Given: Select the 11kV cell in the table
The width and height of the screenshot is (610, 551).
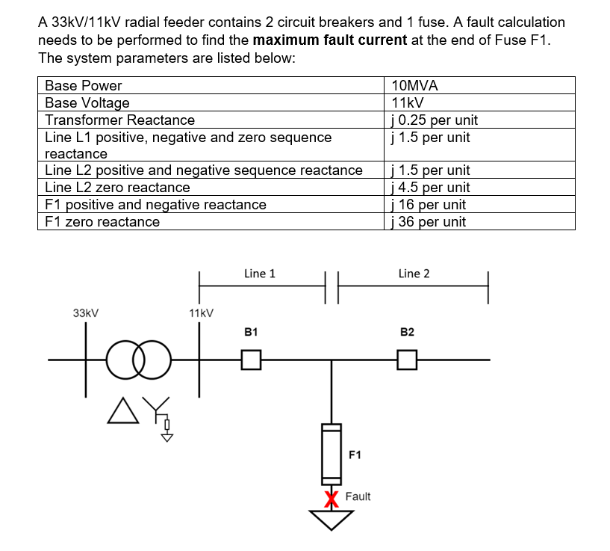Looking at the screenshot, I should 408,102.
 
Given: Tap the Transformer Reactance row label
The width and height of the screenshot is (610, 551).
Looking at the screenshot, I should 120,120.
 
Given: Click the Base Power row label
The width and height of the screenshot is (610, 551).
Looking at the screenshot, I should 84,85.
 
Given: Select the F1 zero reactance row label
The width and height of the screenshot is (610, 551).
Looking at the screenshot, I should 102,221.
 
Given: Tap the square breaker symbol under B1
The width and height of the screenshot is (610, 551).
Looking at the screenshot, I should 252,360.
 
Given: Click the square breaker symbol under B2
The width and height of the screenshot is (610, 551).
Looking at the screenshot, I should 407,360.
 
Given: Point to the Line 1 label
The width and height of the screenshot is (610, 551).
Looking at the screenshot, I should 259,274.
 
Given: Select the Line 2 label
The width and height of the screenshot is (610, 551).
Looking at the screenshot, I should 414,274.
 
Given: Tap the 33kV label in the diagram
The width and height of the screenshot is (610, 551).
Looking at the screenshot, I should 86,313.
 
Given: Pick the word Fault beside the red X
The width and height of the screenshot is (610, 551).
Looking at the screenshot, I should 358,496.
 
